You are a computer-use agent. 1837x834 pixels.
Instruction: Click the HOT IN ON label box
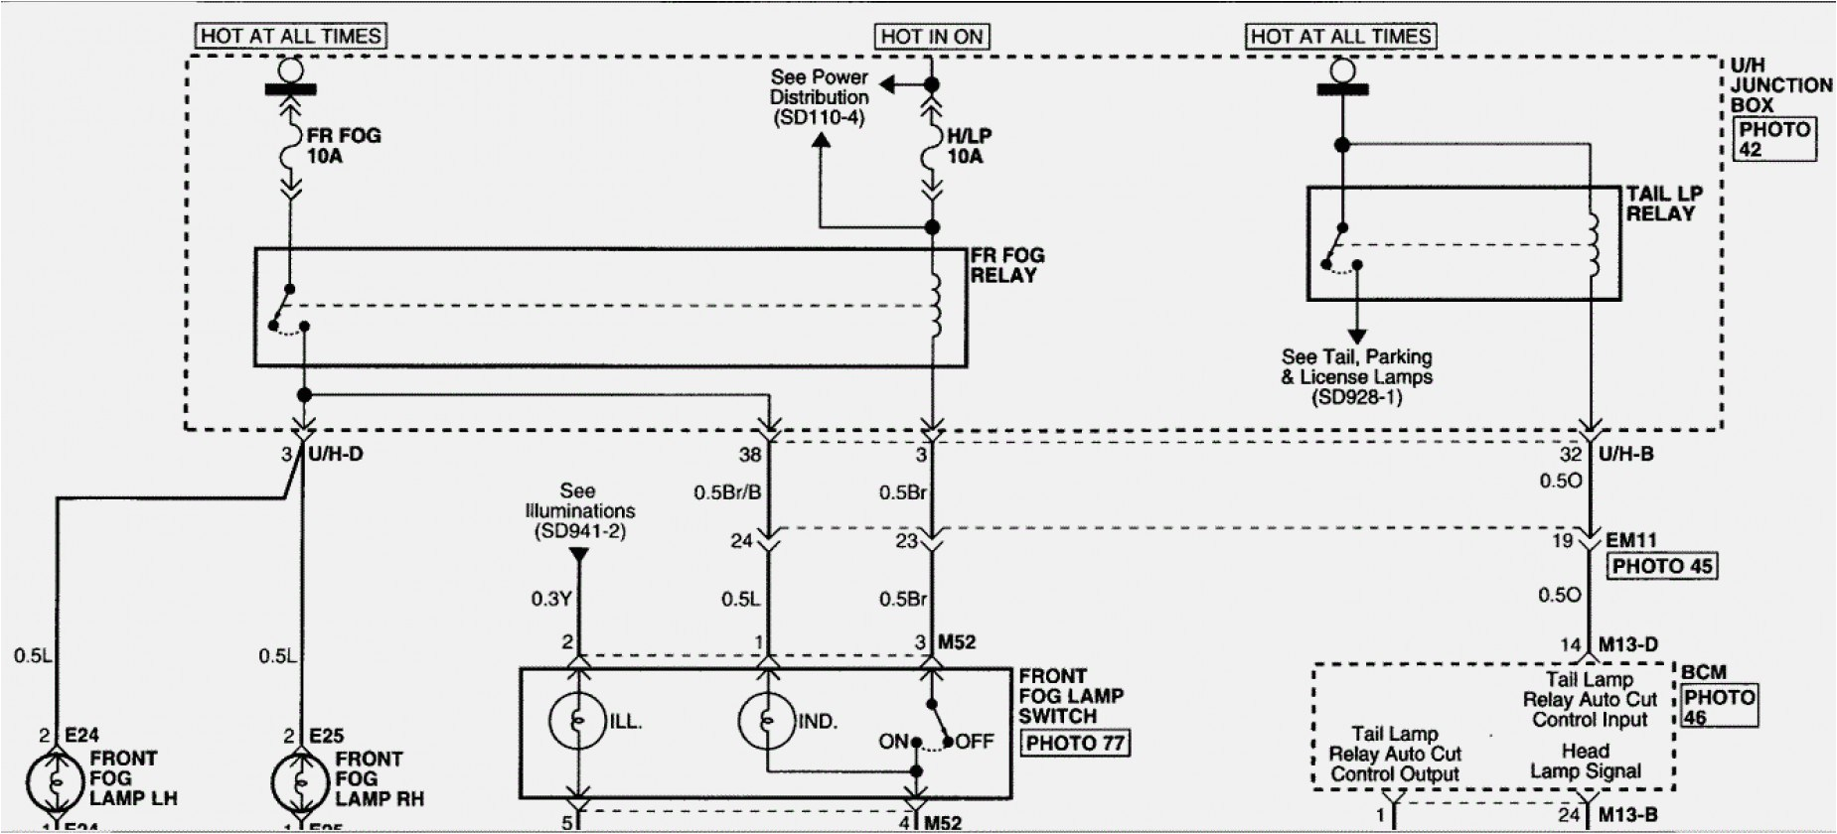click(931, 37)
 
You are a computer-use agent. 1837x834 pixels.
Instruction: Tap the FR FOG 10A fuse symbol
click(290, 147)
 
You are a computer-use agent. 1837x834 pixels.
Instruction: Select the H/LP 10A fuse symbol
click(931, 148)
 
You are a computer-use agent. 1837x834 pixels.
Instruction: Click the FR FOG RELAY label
click(1006, 265)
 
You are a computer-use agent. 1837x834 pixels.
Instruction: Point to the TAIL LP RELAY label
click(1663, 204)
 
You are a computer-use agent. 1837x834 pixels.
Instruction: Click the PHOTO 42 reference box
click(1774, 139)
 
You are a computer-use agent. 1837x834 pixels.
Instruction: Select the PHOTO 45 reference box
click(1661, 566)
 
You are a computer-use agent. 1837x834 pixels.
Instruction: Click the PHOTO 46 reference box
click(1718, 706)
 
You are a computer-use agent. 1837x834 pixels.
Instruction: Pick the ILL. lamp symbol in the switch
click(576, 720)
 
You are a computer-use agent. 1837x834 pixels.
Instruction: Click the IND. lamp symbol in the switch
click(766, 720)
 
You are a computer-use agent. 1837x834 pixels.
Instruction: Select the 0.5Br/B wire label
click(727, 492)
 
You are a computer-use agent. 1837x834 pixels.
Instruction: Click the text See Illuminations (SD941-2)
click(577, 510)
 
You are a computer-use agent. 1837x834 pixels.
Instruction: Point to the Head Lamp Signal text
click(1585, 762)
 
